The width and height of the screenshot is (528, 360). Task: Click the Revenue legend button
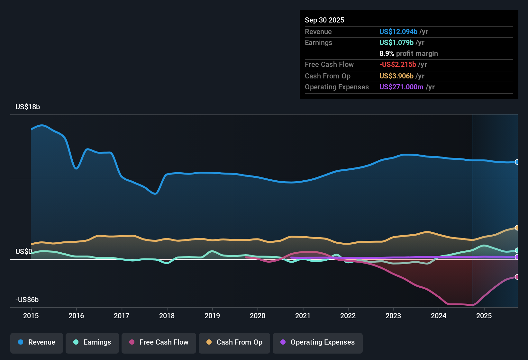[x=37, y=342]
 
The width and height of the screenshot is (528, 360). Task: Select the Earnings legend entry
[x=92, y=342]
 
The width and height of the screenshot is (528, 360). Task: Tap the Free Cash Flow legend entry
[x=159, y=342]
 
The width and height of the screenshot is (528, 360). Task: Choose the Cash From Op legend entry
[x=234, y=342]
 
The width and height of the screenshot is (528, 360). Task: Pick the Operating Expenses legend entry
[x=318, y=342]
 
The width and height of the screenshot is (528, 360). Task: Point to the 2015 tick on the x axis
[x=31, y=316]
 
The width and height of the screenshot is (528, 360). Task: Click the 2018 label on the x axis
[x=167, y=316]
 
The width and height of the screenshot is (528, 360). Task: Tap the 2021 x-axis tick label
[x=303, y=316]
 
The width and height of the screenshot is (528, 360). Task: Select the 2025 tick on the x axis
[x=484, y=316]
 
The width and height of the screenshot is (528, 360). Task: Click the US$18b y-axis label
[x=28, y=107]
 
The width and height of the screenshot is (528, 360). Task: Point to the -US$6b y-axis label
[x=27, y=300]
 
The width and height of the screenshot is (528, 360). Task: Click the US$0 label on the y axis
[x=24, y=251]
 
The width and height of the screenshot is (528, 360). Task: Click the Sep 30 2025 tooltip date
[x=324, y=20]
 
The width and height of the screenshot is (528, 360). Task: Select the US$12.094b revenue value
[x=398, y=32]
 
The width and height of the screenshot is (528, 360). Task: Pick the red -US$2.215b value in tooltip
[x=398, y=65]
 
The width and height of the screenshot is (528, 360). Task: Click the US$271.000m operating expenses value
[x=401, y=87]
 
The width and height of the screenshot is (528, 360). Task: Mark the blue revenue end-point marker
[x=517, y=162]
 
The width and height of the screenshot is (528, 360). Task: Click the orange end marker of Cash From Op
[x=517, y=228]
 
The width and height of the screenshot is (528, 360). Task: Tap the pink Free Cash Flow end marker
[x=517, y=277]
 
